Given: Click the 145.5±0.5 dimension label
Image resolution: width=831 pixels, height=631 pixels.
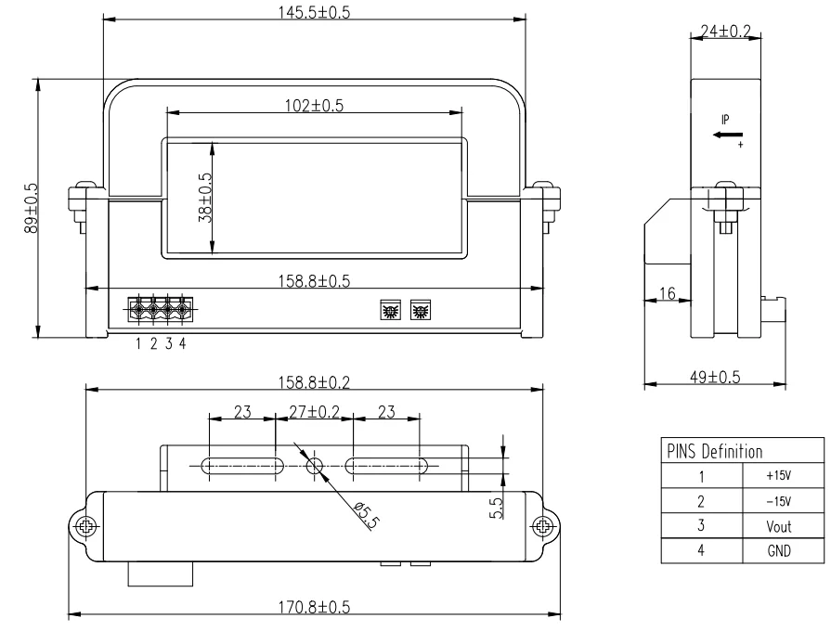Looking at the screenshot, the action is tap(314, 12).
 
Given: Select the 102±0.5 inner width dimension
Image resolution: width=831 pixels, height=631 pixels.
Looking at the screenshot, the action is tap(314, 106).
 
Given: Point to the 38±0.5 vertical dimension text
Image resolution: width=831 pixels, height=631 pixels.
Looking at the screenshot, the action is tap(205, 198).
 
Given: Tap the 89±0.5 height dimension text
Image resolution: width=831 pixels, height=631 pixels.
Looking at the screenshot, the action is tap(31, 208).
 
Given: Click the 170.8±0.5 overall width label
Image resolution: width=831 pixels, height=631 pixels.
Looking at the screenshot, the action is tap(314, 607).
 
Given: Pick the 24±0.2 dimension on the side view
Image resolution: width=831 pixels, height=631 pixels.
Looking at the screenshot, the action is tap(725, 32).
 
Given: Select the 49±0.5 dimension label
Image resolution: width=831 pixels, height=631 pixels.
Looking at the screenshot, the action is tap(715, 377).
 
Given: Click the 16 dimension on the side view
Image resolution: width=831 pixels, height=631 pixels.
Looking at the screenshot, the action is tap(668, 293).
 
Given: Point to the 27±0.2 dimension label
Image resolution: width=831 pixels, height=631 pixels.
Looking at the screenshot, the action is tap(314, 412).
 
